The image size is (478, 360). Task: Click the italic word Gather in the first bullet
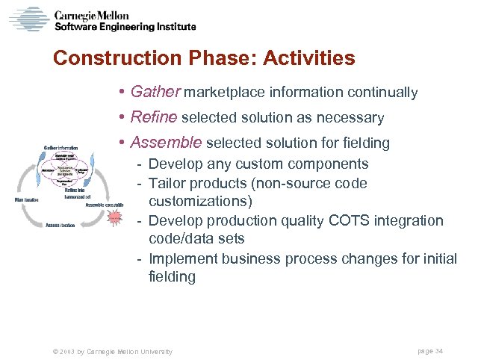(155, 92)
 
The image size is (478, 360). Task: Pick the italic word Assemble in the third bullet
(166, 142)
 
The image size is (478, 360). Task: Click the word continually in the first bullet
(382, 93)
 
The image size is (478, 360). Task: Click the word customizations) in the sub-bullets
(200, 202)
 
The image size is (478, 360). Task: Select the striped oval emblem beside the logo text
(28, 18)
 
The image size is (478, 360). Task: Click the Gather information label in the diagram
(61, 147)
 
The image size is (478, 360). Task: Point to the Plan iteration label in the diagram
(26, 200)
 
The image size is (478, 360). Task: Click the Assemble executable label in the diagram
(105, 204)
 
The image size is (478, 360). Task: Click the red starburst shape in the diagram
(114, 217)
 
